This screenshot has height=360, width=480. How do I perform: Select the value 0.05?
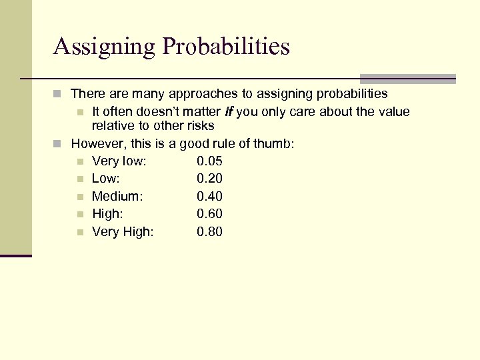[209, 161]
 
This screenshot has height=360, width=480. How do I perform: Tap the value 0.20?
[209, 179]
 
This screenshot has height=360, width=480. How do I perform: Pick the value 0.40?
[209, 197]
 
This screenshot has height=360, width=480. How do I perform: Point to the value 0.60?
[209, 214]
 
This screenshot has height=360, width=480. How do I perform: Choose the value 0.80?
[209, 232]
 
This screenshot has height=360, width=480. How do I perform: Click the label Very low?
[119, 161]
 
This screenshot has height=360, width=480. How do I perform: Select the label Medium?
[117, 197]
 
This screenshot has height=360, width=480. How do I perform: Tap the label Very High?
[123, 232]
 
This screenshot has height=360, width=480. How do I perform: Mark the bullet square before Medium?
[80, 197]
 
